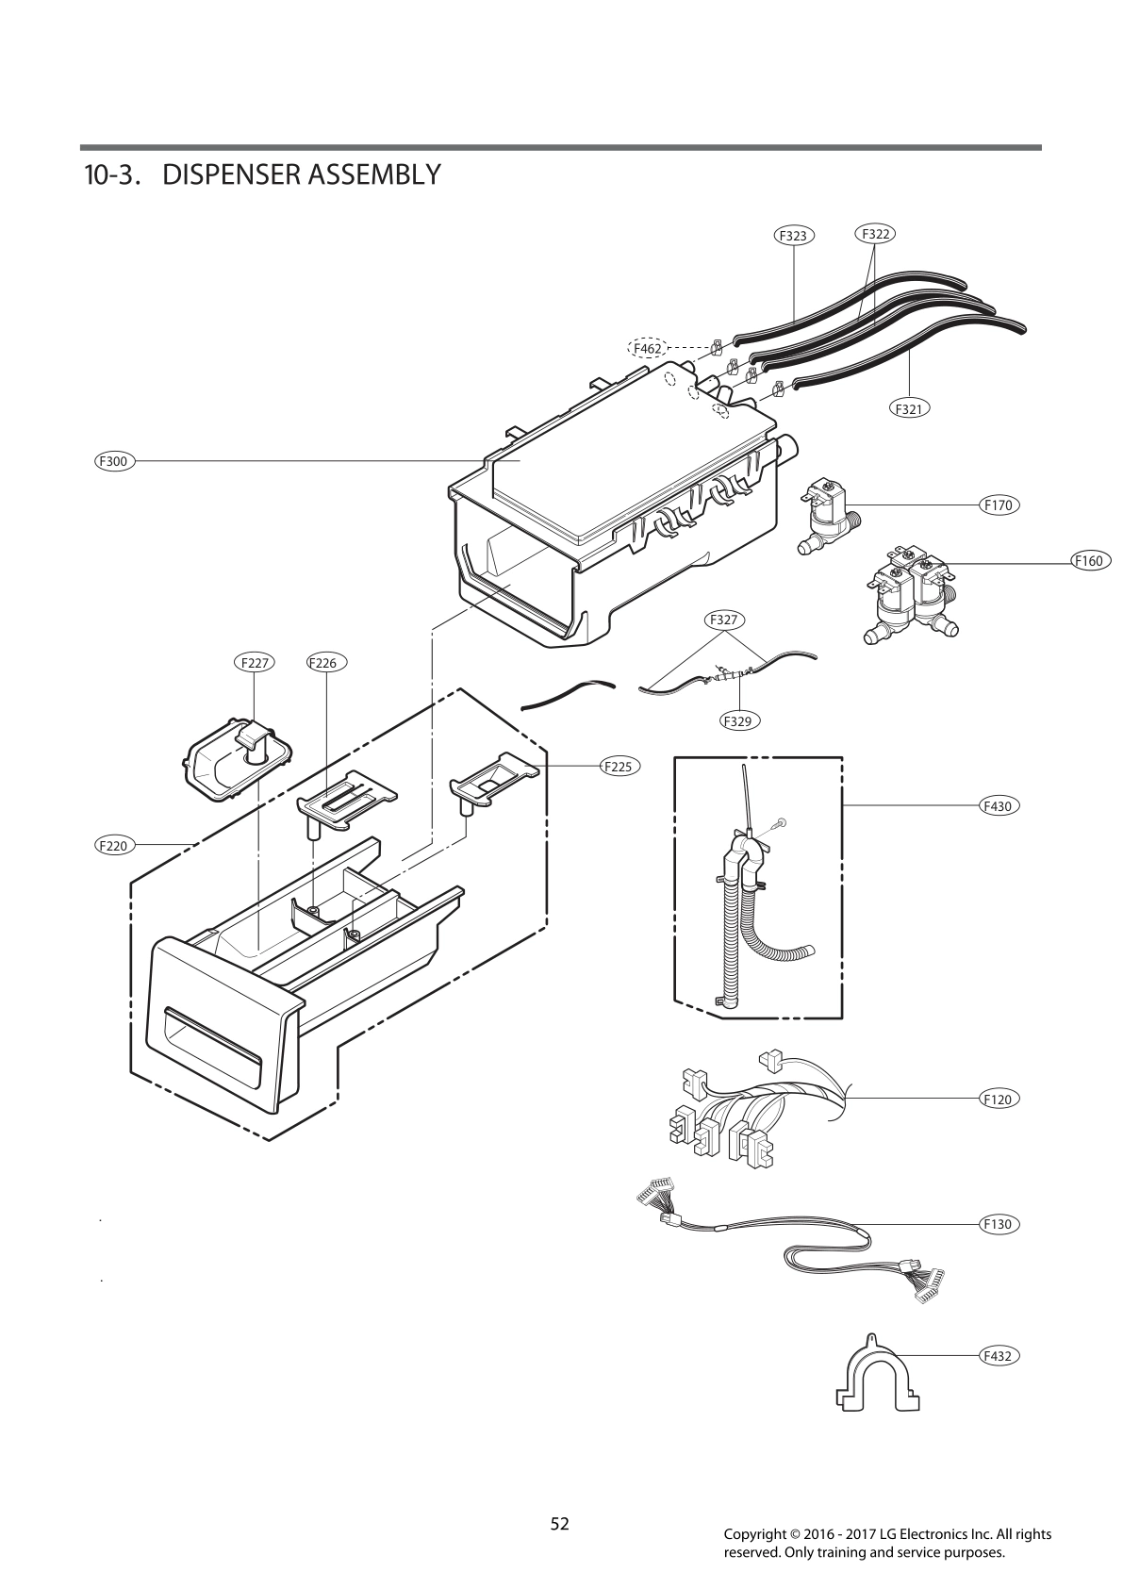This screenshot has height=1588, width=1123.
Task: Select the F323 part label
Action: [x=795, y=236]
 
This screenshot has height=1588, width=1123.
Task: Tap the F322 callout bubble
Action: [x=875, y=233]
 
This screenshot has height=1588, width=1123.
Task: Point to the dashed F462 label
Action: [x=647, y=348]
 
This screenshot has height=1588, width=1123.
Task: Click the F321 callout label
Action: [x=909, y=408]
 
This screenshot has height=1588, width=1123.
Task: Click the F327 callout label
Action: [x=723, y=620]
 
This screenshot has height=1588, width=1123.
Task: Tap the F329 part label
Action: [x=739, y=720]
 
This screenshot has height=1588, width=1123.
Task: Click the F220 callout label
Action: [x=113, y=846]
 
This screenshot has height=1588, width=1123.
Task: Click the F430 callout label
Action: [x=998, y=806]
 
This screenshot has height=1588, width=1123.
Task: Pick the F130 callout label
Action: [x=998, y=1224]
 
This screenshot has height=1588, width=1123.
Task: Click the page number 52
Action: [x=560, y=1523]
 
